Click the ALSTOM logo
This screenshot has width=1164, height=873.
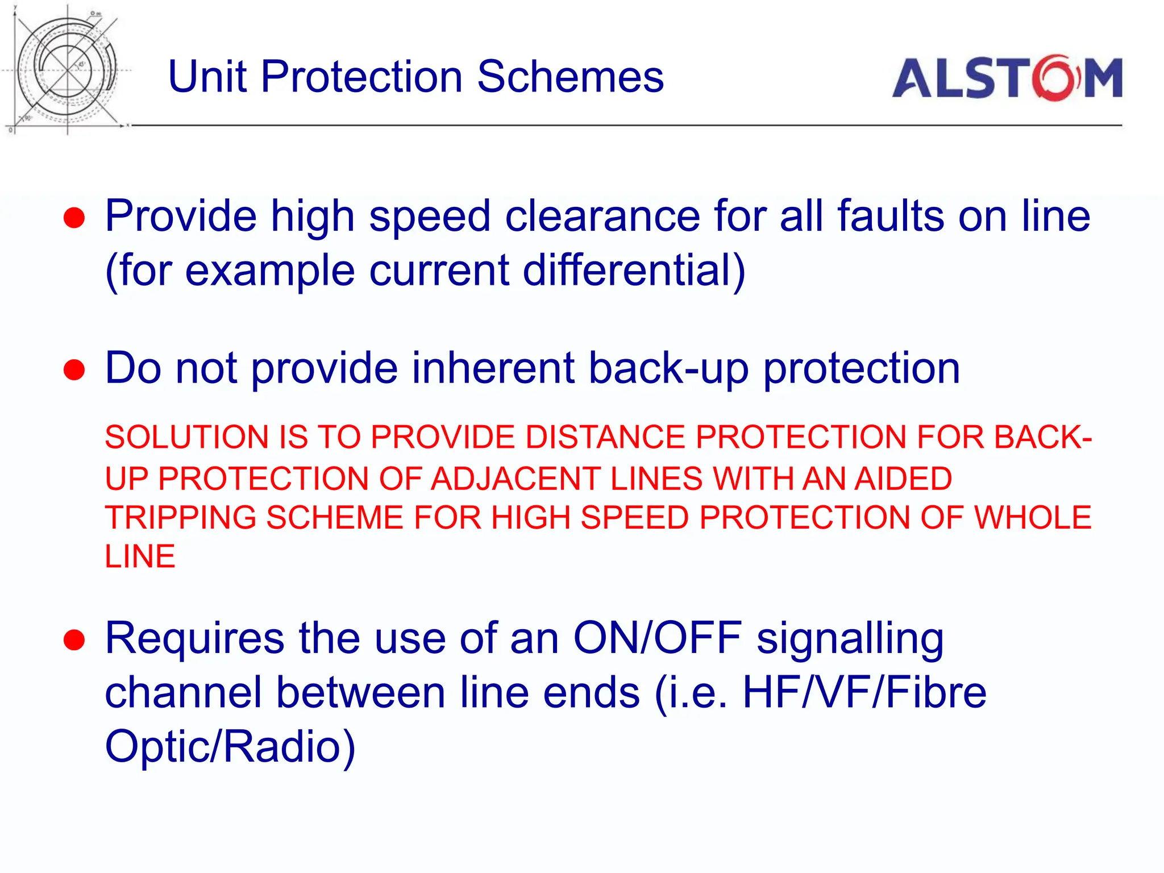point(1007,78)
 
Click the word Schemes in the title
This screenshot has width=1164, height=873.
point(571,77)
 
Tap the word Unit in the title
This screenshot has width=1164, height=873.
point(208,77)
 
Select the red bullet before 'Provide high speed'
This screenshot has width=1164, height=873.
point(74,218)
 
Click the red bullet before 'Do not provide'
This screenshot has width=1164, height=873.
point(74,370)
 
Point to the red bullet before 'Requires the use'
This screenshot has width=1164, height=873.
point(74,640)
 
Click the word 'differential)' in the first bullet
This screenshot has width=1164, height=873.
point(634,270)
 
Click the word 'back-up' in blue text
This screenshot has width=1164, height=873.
point(668,369)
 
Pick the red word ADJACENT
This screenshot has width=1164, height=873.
point(516,479)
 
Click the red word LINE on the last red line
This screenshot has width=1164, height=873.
point(140,556)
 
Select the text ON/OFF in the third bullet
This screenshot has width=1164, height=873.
point(658,638)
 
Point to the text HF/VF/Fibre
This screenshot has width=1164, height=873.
point(864,693)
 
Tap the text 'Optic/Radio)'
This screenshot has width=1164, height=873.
point(230,746)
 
